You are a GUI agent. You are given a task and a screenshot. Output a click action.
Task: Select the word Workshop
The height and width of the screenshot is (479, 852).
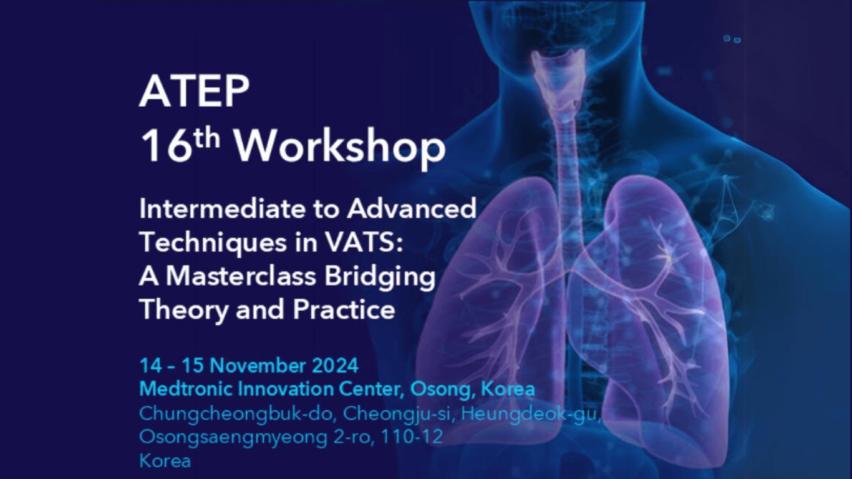pos(341,149)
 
